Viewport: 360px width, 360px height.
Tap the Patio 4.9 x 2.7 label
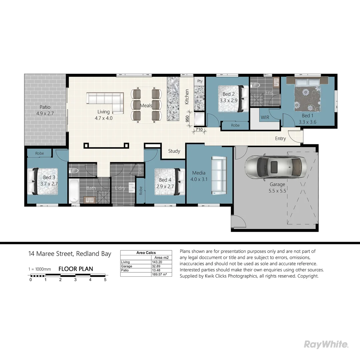(45, 110)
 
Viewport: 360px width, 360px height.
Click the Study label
(174, 151)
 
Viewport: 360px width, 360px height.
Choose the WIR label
(265, 118)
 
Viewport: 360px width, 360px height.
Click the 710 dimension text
(199, 129)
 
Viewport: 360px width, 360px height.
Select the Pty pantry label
(200, 81)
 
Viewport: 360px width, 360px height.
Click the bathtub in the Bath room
(74, 191)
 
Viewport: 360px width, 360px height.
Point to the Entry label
(280, 138)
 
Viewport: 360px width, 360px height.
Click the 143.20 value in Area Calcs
(156, 262)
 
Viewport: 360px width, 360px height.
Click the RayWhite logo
(326, 344)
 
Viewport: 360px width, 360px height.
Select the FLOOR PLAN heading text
(76, 269)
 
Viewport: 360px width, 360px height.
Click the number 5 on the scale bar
(105, 280)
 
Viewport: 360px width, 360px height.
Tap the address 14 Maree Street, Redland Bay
(69, 254)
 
